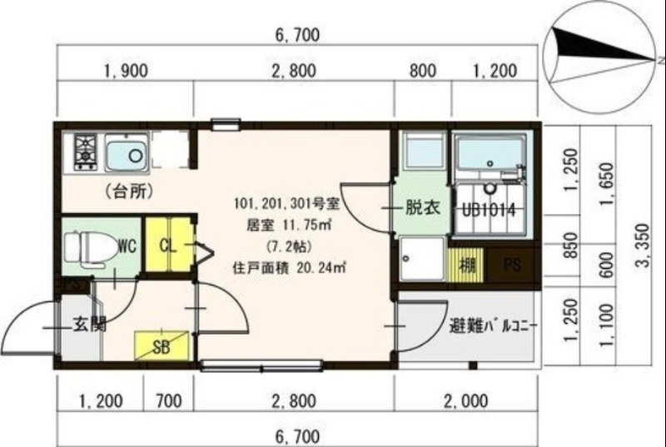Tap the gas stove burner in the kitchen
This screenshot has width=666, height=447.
point(86,152)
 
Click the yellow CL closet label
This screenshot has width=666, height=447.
point(166,246)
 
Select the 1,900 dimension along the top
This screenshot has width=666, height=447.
point(125,72)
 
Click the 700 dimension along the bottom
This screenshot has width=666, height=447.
point(168,402)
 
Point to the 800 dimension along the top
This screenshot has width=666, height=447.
point(423,72)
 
